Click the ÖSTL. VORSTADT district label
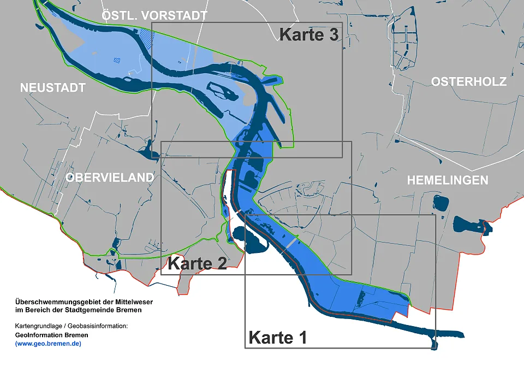154,16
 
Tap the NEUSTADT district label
53,88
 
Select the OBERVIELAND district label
110,178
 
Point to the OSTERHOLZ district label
469,82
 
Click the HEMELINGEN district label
448,180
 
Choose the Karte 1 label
277,338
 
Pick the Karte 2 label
197,263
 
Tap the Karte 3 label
309,34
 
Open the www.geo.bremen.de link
49,344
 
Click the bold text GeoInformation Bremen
52,335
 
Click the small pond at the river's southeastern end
434,344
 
